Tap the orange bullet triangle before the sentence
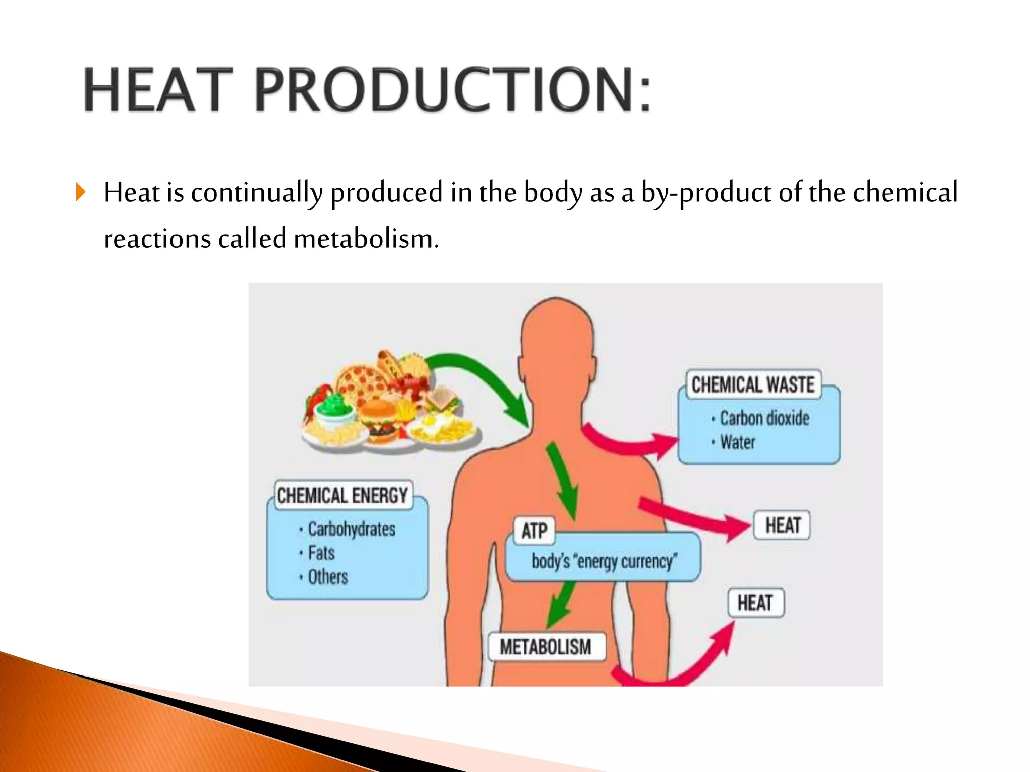click(x=81, y=192)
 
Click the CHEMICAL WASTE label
click(x=753, y=384)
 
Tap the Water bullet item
click(x=737, y=442)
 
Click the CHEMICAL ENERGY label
click(x=342, y=496)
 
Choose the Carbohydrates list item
click(x=351, y=529)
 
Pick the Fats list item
click(x=321, y=553)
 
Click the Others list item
click(x=327, y=576)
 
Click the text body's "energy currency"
click(x=604, y=561)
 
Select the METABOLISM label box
click(x=546, y=646)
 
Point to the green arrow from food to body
click(x=483, y=377)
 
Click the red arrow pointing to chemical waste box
click(x=629, y=442)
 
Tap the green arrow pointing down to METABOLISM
click(x=561, y=603)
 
